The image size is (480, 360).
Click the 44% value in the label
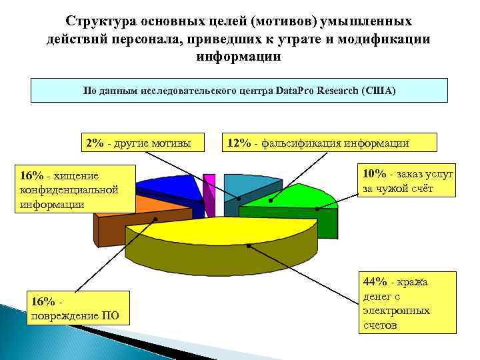coord(375,282)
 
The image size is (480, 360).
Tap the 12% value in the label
coord(239,143)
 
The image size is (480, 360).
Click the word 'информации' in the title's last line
coord(239,57)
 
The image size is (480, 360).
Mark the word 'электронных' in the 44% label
coord(397,311)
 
